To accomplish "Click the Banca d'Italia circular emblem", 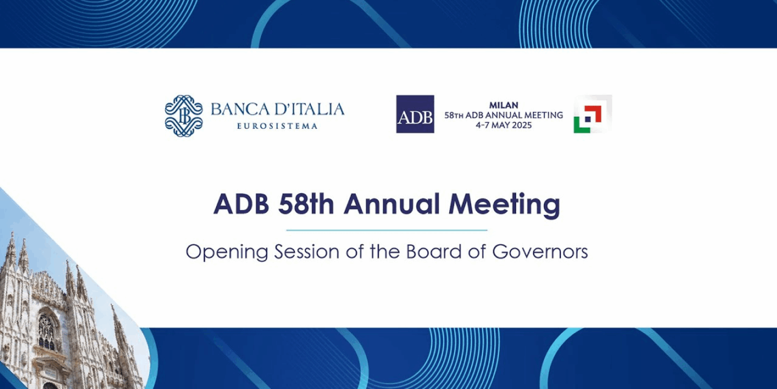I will coord(183,115).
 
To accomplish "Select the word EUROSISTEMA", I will coord(277,126).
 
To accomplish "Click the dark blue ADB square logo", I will coord(415,114).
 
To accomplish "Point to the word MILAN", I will coord(503,105).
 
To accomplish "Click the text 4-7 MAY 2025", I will coord(504,125).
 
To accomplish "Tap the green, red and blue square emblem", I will coord(592,114).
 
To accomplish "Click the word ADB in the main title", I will coord(241,205).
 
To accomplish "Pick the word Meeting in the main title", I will coord(510,205).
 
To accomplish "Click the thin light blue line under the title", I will coord(386,231).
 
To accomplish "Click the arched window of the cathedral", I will coord(46,332).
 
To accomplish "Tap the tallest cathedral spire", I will coord(10,249).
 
